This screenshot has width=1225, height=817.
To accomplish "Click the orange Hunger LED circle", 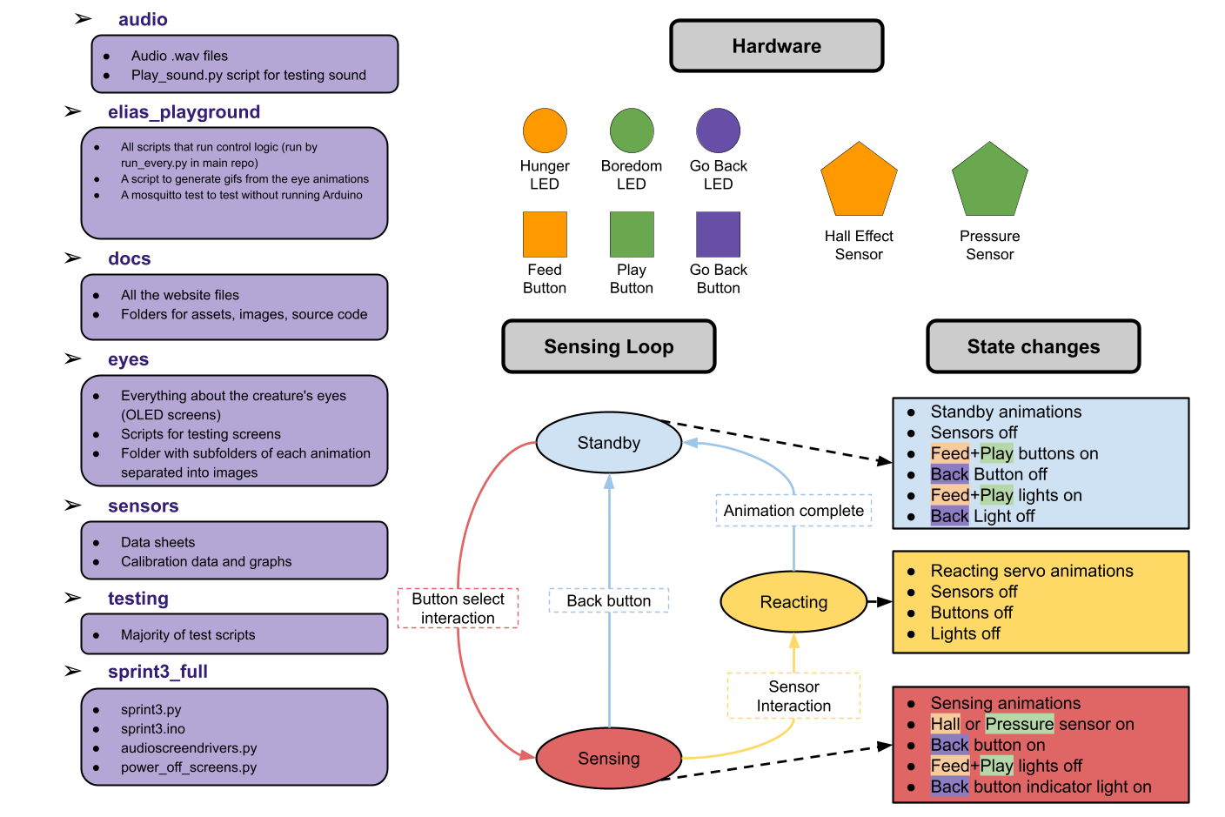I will (545, 131).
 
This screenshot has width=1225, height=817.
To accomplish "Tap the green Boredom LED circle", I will (632, 131).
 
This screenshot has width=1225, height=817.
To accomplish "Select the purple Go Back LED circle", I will (718, 131).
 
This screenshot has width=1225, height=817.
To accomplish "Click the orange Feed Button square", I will (545, 234).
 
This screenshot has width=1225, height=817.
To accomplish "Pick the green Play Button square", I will (632, 234).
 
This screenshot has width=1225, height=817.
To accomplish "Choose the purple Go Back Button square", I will (718, 234).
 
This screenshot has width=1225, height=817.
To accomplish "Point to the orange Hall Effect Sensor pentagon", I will (859, 182).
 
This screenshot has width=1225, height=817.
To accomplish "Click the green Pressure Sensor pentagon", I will (990, 182).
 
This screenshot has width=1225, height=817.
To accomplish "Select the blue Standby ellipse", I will (609, 443).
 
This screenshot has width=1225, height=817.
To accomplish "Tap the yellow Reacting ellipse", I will (793, 602).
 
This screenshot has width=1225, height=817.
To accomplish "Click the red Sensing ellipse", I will (609, 759).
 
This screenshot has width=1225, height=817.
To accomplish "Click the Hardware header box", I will (777, 46).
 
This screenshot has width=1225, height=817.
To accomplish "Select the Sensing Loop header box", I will (609, 346).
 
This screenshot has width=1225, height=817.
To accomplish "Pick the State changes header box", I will (1034, 346).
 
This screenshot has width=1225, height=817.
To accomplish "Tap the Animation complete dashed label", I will (793, 511).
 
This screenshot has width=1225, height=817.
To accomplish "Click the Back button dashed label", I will (609, 600).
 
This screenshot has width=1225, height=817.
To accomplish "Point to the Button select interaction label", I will (458, 608).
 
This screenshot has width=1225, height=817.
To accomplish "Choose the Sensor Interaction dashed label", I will (793, 696).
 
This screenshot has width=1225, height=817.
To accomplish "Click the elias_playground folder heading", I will (184, 112).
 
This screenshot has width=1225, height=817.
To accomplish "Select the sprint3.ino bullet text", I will (153, 729).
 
